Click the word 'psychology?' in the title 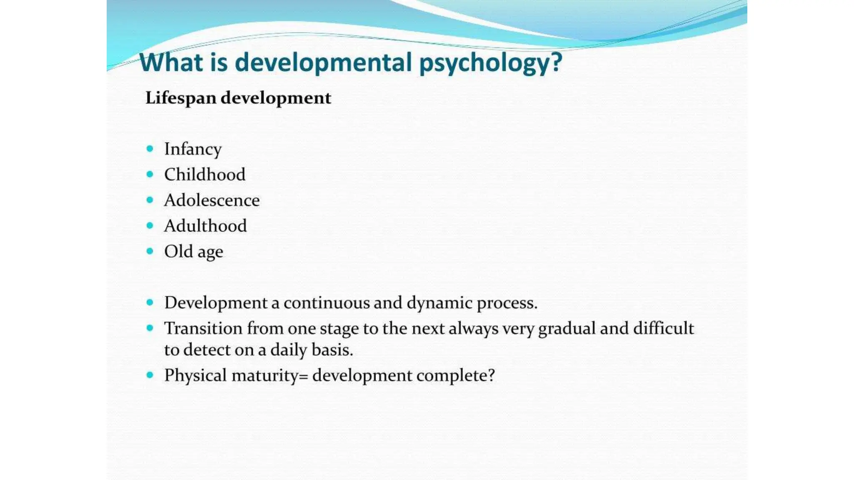pyautogui.click(x=490, y=63)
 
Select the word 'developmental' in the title pyautogui.click(x=323, y=63)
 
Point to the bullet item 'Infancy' pyautogui.click(x=193, y=149)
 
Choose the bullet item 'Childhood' pyautogui.click(x=204, y=175)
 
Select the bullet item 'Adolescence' pyautogui.click(x=211, y=200)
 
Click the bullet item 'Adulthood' pyautogui.click(x=205, y=226)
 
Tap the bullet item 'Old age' pyautogui.click(x=193, y=252)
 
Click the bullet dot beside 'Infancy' pyautogui.click(x=150, y=149)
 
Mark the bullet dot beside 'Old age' pyautogui.click(x=150, y=251)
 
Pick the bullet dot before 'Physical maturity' pyautogui.click(x=150, y=375)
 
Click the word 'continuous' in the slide pyautogui.click(x=326, y=303)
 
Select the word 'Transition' pyautogui.click(x=203, y=328)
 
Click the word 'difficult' pyautogui.click(x=663, y=328)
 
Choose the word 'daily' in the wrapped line pyautogui.click(x=289, y=350)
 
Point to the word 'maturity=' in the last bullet pyautogui.click(x=270, y=376)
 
